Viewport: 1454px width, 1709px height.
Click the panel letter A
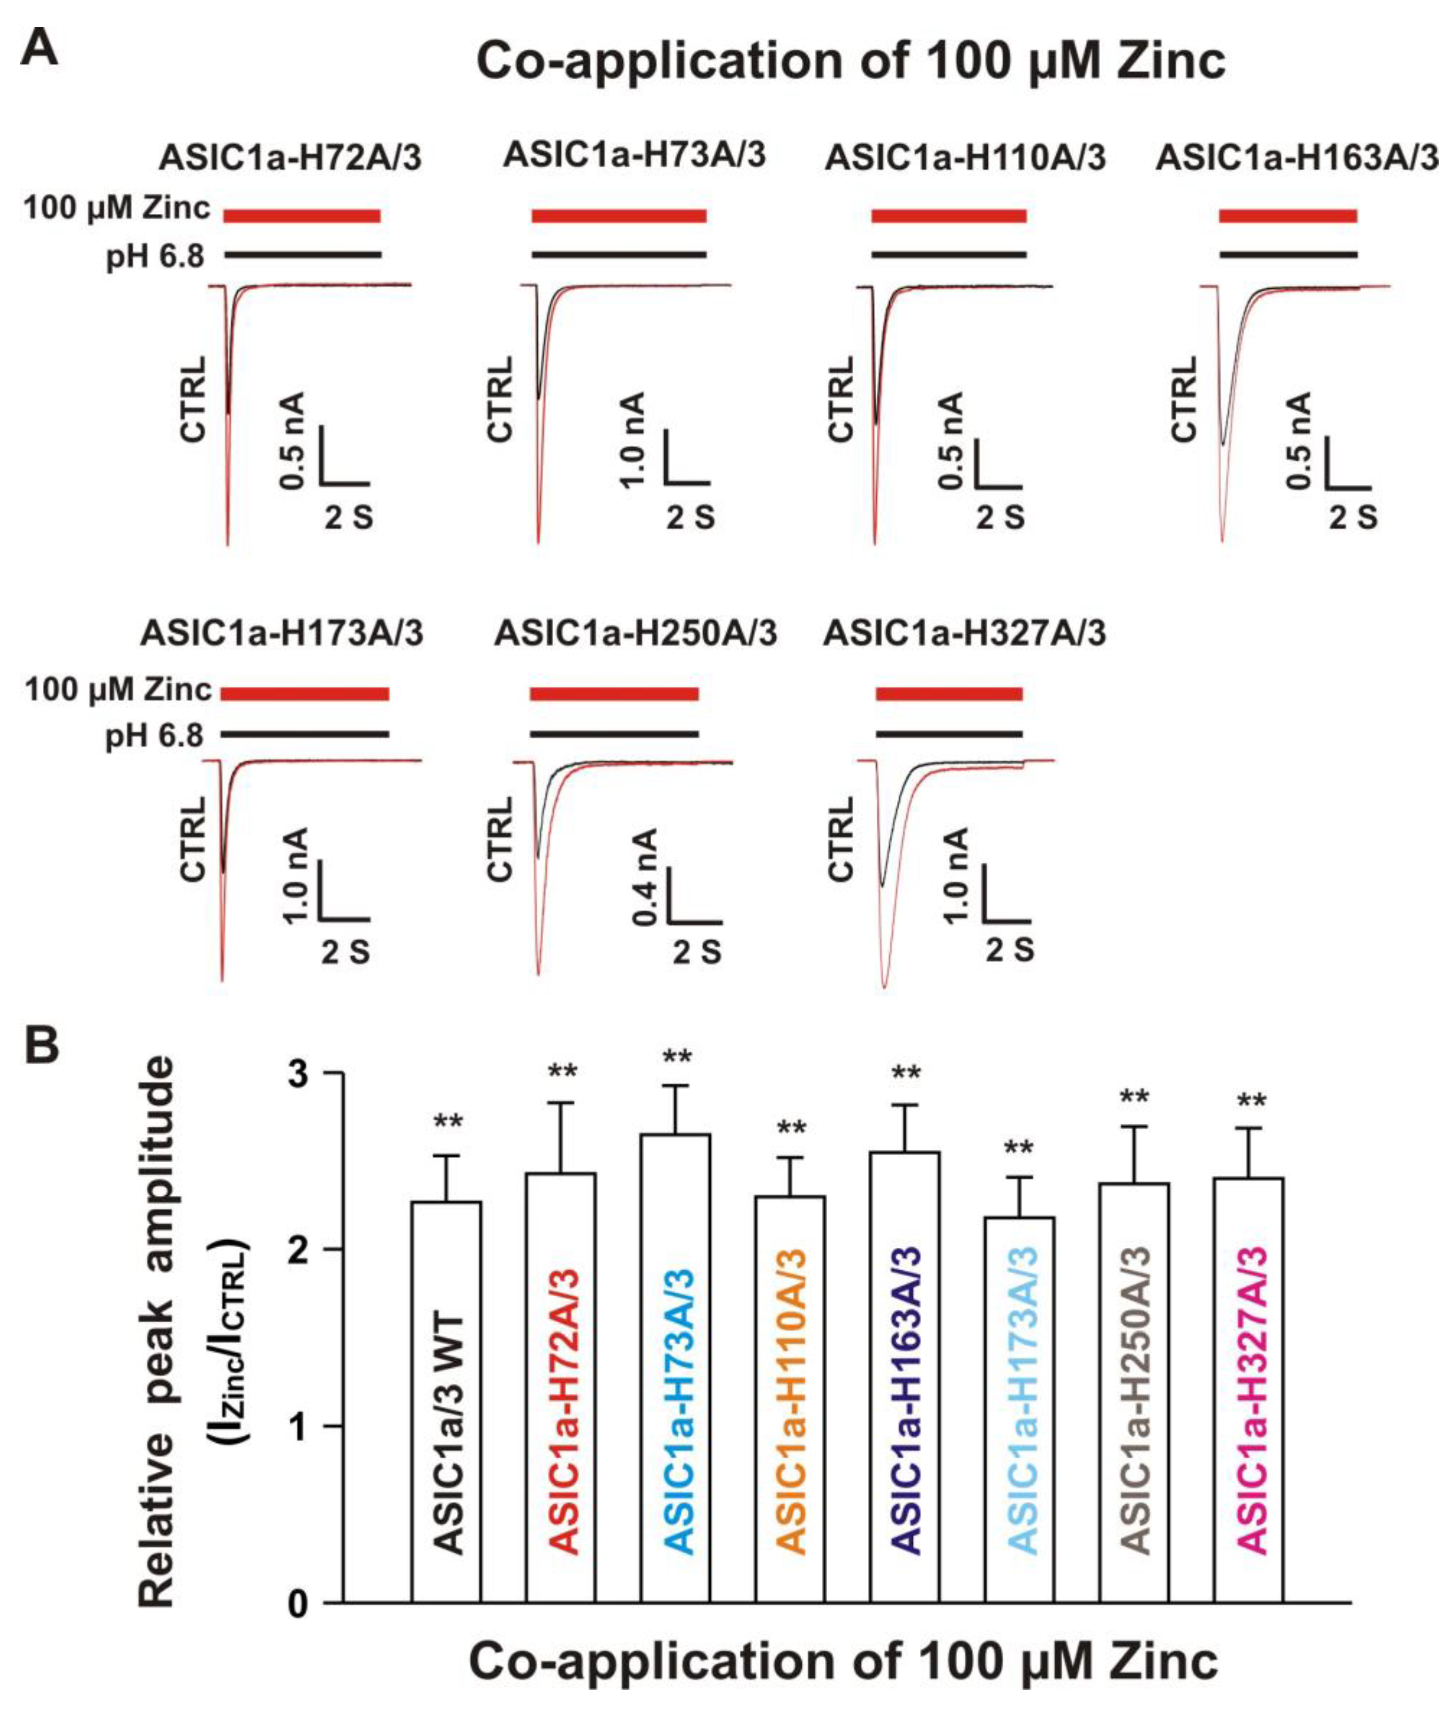point(39,48)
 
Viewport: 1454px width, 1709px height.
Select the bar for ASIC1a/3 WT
point(446,1401)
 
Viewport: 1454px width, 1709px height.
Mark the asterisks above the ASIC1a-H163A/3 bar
point(905,1074)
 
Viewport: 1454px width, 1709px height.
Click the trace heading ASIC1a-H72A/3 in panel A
point(290,158)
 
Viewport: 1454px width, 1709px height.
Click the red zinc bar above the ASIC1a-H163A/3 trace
point(1288,216)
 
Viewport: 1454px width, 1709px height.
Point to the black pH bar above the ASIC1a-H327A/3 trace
point(949,733)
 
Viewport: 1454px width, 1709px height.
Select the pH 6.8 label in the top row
point(155,257)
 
